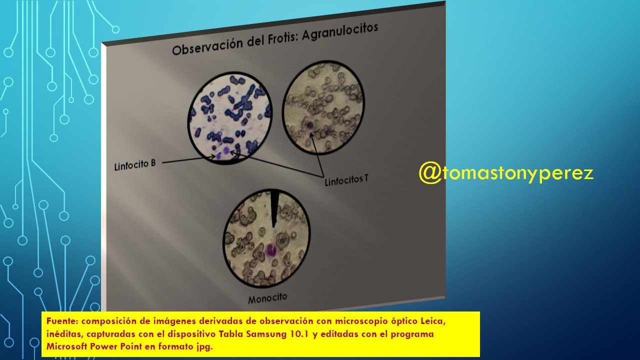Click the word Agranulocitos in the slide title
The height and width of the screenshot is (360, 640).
point(340,32)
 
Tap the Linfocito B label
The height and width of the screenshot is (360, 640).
point(135,165)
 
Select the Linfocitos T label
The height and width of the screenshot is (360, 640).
point(346,180)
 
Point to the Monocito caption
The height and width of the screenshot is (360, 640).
point(267,298)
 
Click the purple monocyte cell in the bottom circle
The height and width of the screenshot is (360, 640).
point(270,250)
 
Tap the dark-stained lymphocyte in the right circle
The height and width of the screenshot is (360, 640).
point(310,124)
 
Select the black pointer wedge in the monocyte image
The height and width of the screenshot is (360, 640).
point(273,207)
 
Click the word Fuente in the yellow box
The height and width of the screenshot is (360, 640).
point(62,321)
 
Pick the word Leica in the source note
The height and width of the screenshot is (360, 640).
point(433,321)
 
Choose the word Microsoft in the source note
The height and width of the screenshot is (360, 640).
point(67,346)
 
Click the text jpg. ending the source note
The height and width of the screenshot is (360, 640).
point(204,347)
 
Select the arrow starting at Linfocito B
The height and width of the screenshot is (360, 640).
point(189,159)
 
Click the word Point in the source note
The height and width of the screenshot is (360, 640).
point(131,346)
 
